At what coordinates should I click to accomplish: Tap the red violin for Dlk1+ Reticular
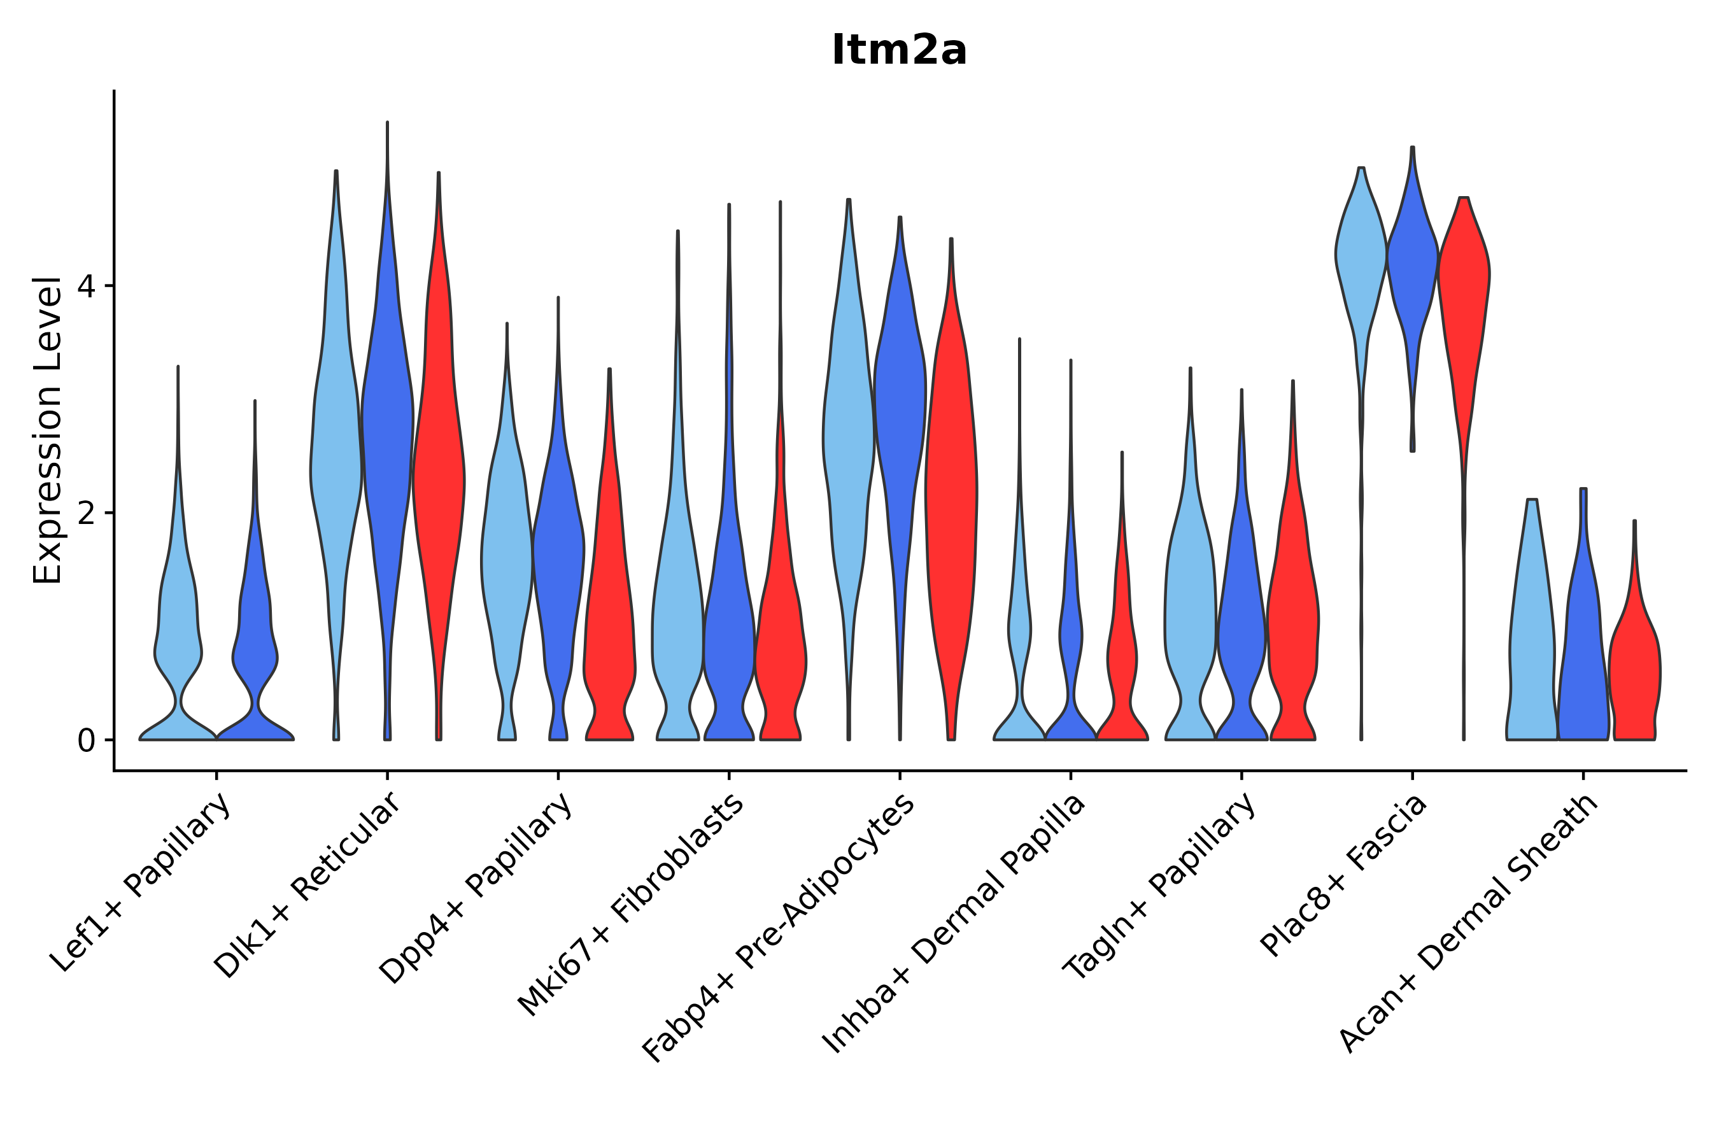click(x=438, y=475)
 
